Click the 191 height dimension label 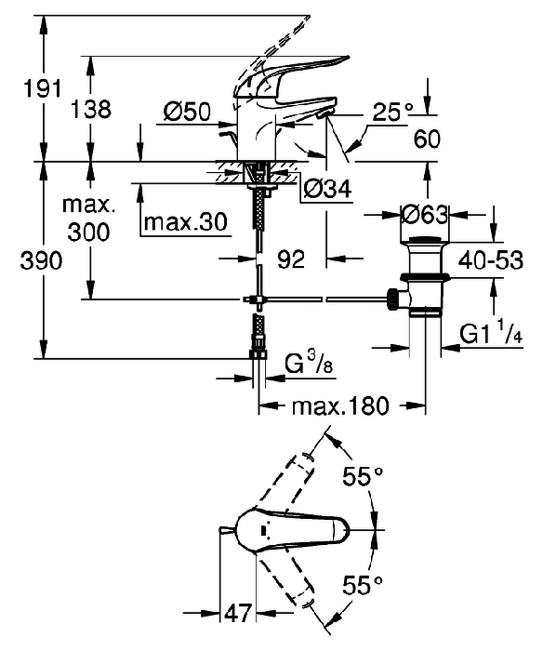42,88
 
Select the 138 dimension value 91,110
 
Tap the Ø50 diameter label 187,112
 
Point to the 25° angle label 392,112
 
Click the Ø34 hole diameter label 327,189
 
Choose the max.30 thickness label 186,222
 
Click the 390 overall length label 41,260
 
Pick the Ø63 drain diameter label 425,215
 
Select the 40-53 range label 490,260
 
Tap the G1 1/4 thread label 491,334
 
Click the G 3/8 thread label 309,365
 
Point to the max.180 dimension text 340,405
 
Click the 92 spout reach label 291,259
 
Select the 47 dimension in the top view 238,612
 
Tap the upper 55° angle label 362,475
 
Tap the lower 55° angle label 362,585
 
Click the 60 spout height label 427,139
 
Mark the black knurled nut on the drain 392,299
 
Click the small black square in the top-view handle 263,530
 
